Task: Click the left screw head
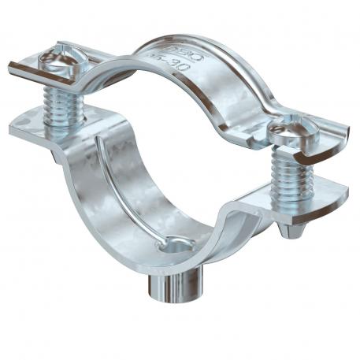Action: pos(62,61)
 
